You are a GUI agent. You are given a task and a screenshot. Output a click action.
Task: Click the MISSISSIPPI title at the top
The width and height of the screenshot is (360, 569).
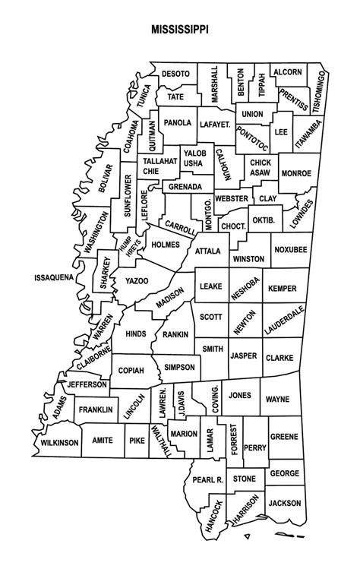tap(180, 32)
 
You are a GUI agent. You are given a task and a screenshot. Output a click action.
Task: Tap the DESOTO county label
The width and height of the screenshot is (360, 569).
tap(176, 74)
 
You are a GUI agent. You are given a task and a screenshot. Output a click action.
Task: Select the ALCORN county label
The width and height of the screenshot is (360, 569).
tap(286, 72)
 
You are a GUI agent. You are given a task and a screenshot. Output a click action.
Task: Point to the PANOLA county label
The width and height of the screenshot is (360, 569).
tap(177, 122)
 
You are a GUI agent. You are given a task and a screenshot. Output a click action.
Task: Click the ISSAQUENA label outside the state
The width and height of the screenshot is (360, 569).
tap(53, 278)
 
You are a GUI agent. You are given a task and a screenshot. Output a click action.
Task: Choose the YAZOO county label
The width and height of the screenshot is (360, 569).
tap(136, 280)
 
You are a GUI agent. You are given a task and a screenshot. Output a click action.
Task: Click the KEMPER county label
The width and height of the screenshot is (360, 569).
tap(282, 289)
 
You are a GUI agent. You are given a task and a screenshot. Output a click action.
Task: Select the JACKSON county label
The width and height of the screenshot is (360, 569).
tap(284, 503)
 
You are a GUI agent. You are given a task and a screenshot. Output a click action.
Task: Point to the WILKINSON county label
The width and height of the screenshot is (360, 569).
tap(60, 441)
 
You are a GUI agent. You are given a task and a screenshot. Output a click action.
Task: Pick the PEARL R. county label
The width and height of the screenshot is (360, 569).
tap(207, 480)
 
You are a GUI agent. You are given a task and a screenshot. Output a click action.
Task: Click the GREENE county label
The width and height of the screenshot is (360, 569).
tap(284, 437)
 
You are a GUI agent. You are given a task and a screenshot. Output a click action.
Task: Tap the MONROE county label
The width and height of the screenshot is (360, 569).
tap(296, 173)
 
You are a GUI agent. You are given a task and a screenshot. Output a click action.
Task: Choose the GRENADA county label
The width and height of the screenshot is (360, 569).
tap(185, 186)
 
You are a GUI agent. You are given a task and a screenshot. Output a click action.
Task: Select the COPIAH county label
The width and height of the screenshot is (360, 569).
tap(131, 370)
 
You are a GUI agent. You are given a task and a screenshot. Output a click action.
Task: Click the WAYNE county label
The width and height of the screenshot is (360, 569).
tap(278, 398)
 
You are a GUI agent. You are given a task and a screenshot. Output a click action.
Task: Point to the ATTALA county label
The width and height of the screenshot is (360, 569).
tap(207, 250)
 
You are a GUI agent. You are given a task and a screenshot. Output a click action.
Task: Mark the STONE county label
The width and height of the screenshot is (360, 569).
tap(245, 479)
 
